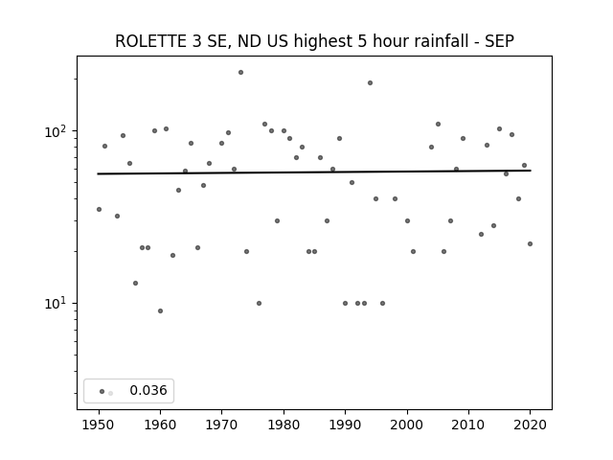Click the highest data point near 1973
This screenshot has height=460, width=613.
pyautogui.click(x=240, y=73)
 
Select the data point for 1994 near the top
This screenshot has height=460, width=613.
pyautogui.click(x=370, y=83)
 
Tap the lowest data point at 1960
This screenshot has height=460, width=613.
pyautogui.click(x=160, y=310)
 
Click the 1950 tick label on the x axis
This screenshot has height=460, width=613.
pyautogui.click(x=99, y=425)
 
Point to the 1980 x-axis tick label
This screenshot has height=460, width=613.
pyautogui.click(x=284, y=425)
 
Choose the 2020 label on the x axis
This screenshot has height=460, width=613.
pyautogui.click(x=530, y=425)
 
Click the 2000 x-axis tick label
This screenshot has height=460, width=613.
pyautogui.click(x=407, y=425)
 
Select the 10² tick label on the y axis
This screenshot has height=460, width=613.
pyautogui.click(x=56, y=131)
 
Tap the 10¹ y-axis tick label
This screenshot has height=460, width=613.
pyautogui.click(x=56, y=304)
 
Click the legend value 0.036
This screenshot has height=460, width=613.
pyautogui.click(x=148, y=390)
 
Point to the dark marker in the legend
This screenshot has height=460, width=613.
pyautogui.click(x=102, y=391)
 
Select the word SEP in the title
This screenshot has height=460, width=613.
pyautogui.click(x=499, y=41)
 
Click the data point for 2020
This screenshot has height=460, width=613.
pyautogui.click(x=530, y=243)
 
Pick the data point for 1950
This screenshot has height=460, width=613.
pyautogui.click(x=99, y=209)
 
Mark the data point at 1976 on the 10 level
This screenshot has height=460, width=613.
pyautogui.click(x=259, y=303)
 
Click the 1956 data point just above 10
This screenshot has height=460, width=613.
pyautogui.click(x=135, y=283)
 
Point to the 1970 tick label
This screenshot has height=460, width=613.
pyautogui.click(x=222, y=425)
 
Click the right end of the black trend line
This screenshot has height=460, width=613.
pyautogui.click(x=531, y=171)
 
